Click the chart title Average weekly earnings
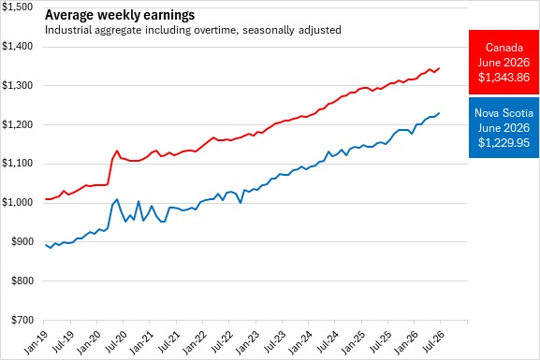coord(120,15)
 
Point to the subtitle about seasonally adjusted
coord(193,30)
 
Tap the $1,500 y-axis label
coord(17,7)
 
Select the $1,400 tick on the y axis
coord(17,46)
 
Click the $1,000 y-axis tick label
coord(17,202)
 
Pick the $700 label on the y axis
coord(22,320)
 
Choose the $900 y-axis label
coord(22,241)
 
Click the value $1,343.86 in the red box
coord(504,77)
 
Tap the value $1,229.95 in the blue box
coord(504,142)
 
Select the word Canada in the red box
coord(504,48)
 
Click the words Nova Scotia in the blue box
coord(504,113)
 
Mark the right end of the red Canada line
coord(439,68)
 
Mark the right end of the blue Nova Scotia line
coord(439,113)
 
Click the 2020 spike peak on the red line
coord(117,151)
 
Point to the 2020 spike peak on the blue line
coord(117,199)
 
